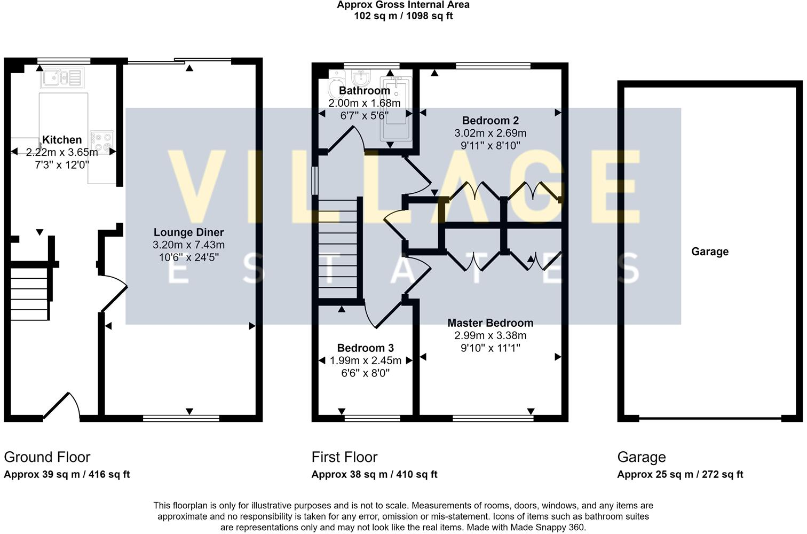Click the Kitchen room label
[62, 139]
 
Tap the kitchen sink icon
[62, 78]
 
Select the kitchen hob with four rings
[102, 142]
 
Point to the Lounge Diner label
[189, 232]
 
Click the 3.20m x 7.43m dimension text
[189, 245]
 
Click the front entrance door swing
[61, 406]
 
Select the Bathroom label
[365, 90]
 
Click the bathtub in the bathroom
[396, 108]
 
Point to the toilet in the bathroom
[336, 85]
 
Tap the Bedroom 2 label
[490, 121]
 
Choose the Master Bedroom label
[490, 323]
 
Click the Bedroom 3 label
[365, 348]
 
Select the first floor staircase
[338, 249]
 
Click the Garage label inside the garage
[710, 252]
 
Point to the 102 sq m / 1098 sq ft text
[403, 16]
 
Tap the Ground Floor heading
[47, 457]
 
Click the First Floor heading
[344, 457]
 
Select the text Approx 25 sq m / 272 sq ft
[680, 474]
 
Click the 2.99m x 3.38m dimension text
[490, 335]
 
